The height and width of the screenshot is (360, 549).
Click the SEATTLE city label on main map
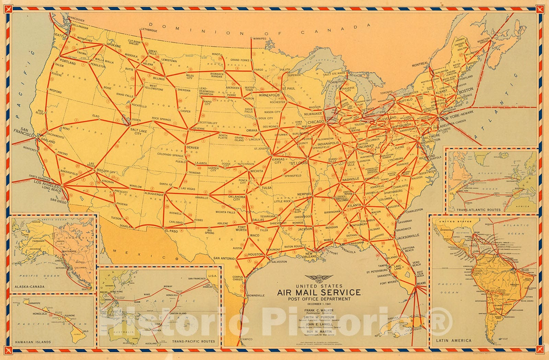[60, 35]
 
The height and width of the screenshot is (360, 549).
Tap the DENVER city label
[192, 148]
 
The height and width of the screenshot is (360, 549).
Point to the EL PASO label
[172, 231]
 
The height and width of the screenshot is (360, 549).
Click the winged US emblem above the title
[319, 278]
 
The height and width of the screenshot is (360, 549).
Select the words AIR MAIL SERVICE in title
[319, 293]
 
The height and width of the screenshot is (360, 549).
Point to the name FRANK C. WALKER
[319, 310]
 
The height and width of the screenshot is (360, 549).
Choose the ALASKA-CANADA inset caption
[30, 287]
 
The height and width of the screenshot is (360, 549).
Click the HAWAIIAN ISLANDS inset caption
[33, 342]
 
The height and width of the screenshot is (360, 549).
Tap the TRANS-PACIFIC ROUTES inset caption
[194, 341]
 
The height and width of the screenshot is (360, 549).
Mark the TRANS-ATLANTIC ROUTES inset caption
[478, 209]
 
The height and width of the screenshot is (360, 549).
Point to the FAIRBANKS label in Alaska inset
[38, 241]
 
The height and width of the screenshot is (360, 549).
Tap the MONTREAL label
[420, 64]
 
